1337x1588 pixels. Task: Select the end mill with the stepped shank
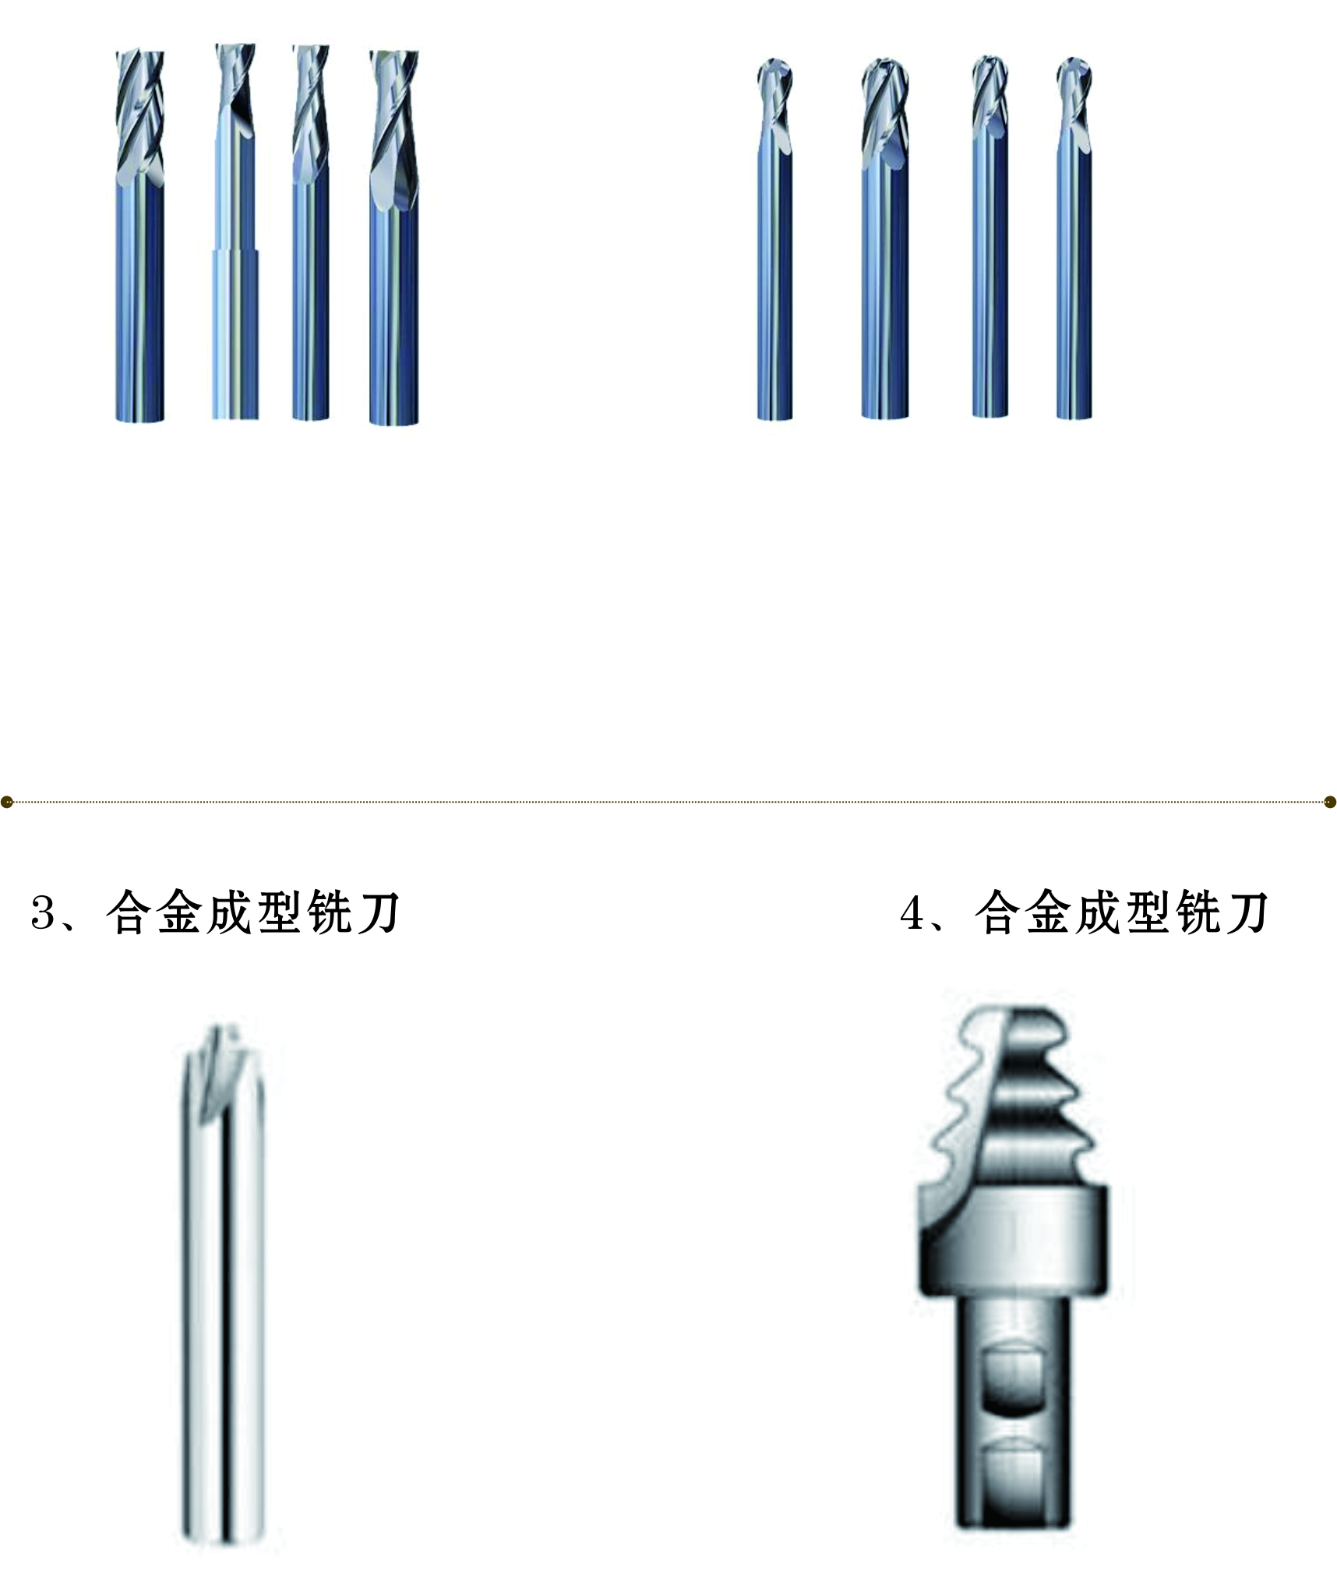235,231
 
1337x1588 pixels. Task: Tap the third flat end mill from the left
311,232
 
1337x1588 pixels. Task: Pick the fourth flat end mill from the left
394,238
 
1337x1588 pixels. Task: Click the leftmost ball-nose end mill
774,239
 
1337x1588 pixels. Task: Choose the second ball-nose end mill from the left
885,238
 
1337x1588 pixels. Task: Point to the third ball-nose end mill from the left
990,236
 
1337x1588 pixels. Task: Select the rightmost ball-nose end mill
1074,238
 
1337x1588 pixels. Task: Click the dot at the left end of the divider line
7,802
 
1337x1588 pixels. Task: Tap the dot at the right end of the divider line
1330,802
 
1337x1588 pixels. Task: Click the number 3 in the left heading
43,913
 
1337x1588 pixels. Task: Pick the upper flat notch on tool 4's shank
1013,1378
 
